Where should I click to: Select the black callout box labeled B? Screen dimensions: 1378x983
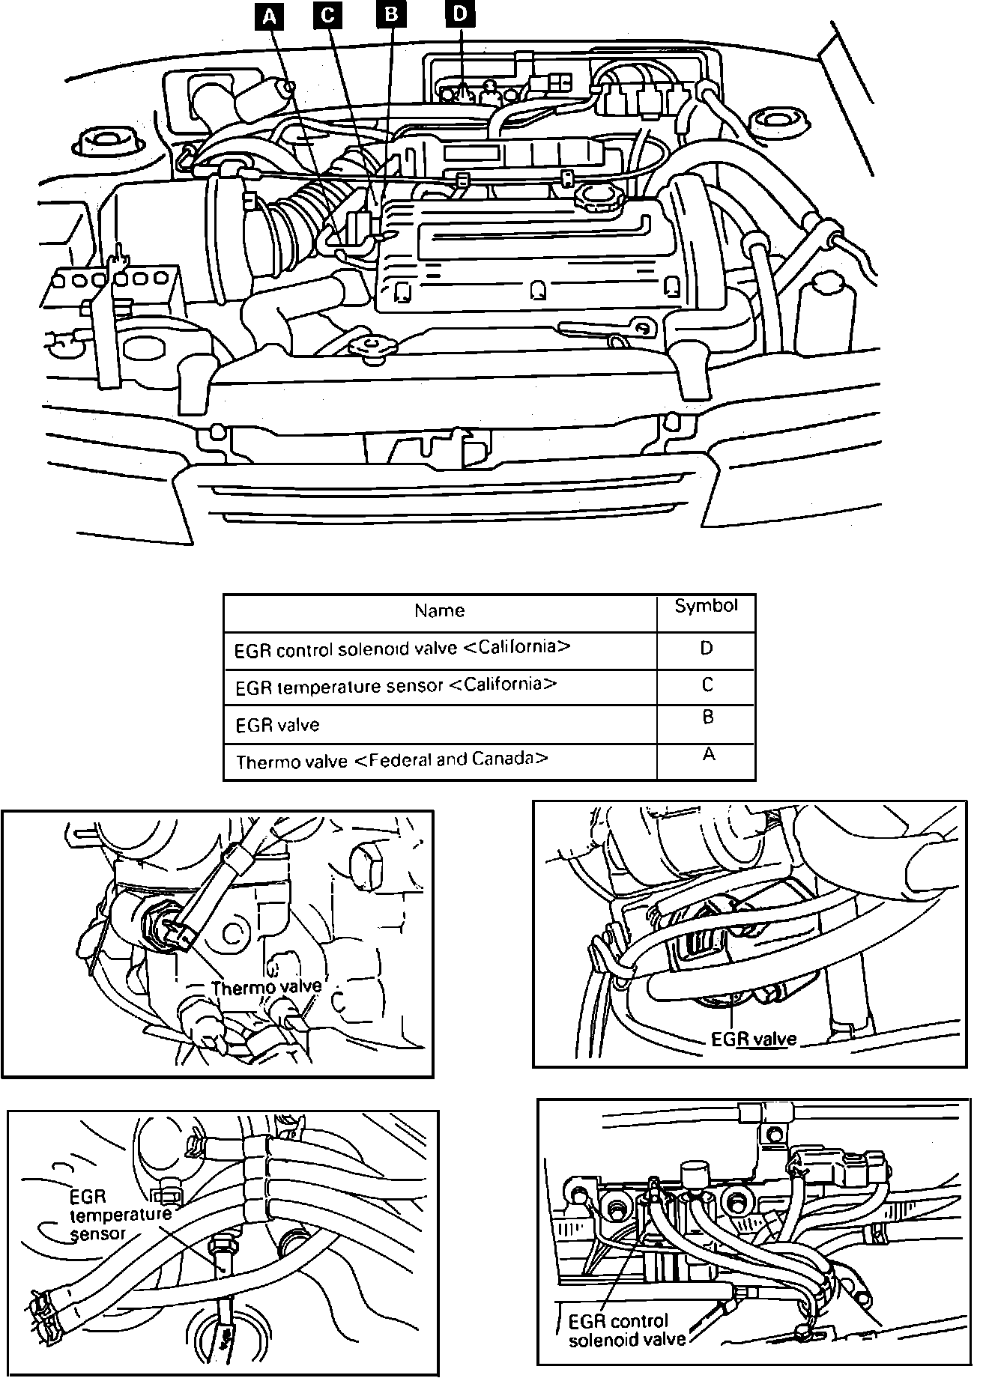(391, 15)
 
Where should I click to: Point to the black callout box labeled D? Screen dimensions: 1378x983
(460, 14)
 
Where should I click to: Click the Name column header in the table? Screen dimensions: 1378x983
(440, 611)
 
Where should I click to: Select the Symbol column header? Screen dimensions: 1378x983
(706, 607)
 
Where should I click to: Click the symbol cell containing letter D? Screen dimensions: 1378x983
(706, 649)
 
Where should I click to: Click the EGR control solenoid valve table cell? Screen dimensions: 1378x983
(402, 649)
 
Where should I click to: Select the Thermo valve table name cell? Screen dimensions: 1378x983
(392, 761)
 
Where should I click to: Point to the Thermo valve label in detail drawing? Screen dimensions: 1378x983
(266, 987)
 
